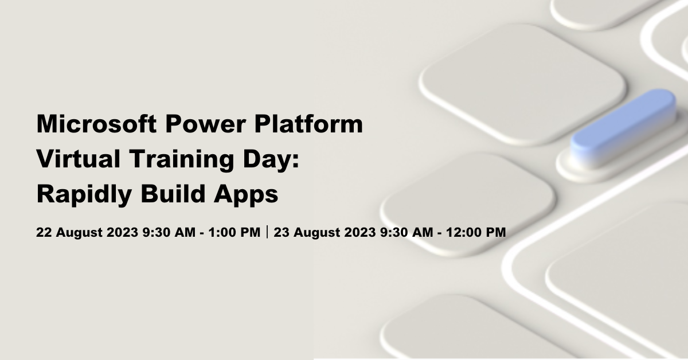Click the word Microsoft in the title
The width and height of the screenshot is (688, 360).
pyautogui.click(x=96, y=124)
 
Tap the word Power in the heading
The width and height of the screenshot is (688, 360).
pyautogui.click(x=205, y=124)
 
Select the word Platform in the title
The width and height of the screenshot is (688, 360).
pyautogui.click(x=308, y=124)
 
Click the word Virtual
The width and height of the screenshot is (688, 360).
pyautogui.click(x=79, y=159)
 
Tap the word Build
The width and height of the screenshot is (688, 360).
pyautogui.click(x=173, y=194)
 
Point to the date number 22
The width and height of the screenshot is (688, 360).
pyautogui.click(x=44, y=232)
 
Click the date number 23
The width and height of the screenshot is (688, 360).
pyautogui.click(x=282, y=232)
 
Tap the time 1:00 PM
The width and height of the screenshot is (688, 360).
pyautogui.click(x=234, y=232)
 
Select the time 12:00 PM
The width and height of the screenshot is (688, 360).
pyautogui.click(x=476, y=232)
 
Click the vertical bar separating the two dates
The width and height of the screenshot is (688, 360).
pyautogui.click(x=267, y=232)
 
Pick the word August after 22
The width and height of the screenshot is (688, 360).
pyautogui.click(x=79, y=233)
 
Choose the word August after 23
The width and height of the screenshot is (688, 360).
pyautogui.click(x=316, y=233)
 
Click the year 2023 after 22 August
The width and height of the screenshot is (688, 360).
pyautogui.click(x=122, y=232)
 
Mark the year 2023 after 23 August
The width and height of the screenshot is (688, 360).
pyautogui.click(x=360, y=232)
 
